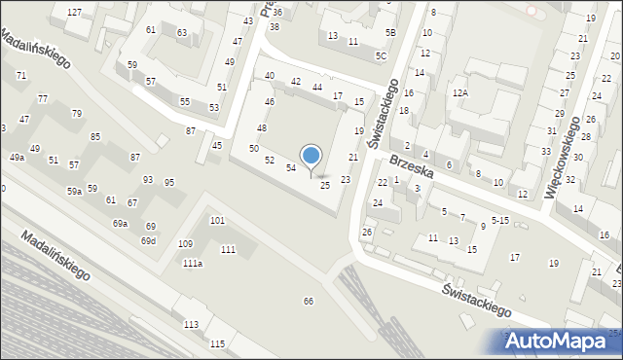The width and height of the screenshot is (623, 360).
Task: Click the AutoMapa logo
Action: [564, 341]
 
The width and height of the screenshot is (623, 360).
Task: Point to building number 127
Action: [74, 11]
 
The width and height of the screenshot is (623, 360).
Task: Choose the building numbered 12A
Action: [460, 92]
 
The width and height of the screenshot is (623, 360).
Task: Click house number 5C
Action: [382, 55]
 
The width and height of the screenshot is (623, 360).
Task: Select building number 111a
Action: [193, 263]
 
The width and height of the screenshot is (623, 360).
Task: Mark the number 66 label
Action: [309, 302]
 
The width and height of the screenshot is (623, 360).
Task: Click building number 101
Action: [217, 221]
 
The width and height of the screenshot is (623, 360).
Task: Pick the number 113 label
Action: [192, 324]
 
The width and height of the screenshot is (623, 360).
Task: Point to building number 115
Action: [217, 343]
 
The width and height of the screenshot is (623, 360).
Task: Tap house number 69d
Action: [148, 240]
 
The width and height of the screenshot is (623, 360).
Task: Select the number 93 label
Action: [148, 180]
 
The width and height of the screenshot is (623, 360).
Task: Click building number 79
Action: [77, 114]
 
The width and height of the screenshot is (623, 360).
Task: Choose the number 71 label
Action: [20, 75]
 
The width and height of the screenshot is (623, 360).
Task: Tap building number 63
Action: [181, 33]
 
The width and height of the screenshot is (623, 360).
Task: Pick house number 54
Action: [290, 168]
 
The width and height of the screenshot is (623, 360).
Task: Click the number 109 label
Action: [185, 243]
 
